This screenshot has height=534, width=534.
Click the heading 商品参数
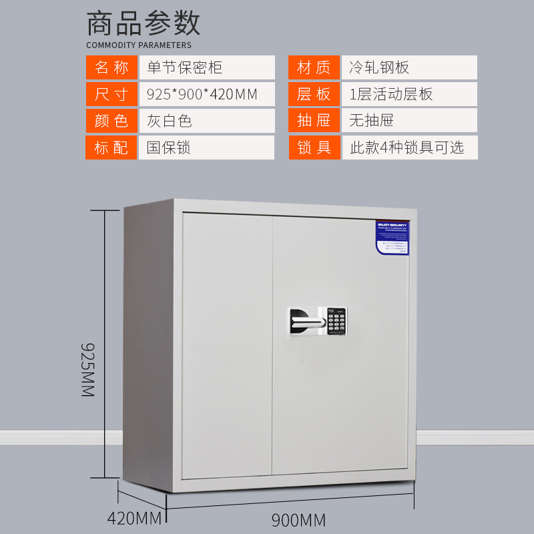pos(144,24)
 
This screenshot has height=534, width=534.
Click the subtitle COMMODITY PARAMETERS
pos(139,45)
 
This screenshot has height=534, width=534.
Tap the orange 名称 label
pos(111,67)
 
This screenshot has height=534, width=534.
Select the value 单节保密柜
pos(184,67)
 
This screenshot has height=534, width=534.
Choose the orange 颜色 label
pos(111,121)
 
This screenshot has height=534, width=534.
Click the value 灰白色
pos(170,121)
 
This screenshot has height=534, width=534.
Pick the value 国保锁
pos(170,148)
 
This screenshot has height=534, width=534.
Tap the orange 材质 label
pos(314,67)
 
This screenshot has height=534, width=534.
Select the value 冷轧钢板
pos(378,67)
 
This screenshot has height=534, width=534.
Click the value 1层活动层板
pos(390,94)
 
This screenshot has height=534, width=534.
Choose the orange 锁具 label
pos(314,148)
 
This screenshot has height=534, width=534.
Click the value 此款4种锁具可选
pos(407,148)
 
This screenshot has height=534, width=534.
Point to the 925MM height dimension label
pos(88,370)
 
